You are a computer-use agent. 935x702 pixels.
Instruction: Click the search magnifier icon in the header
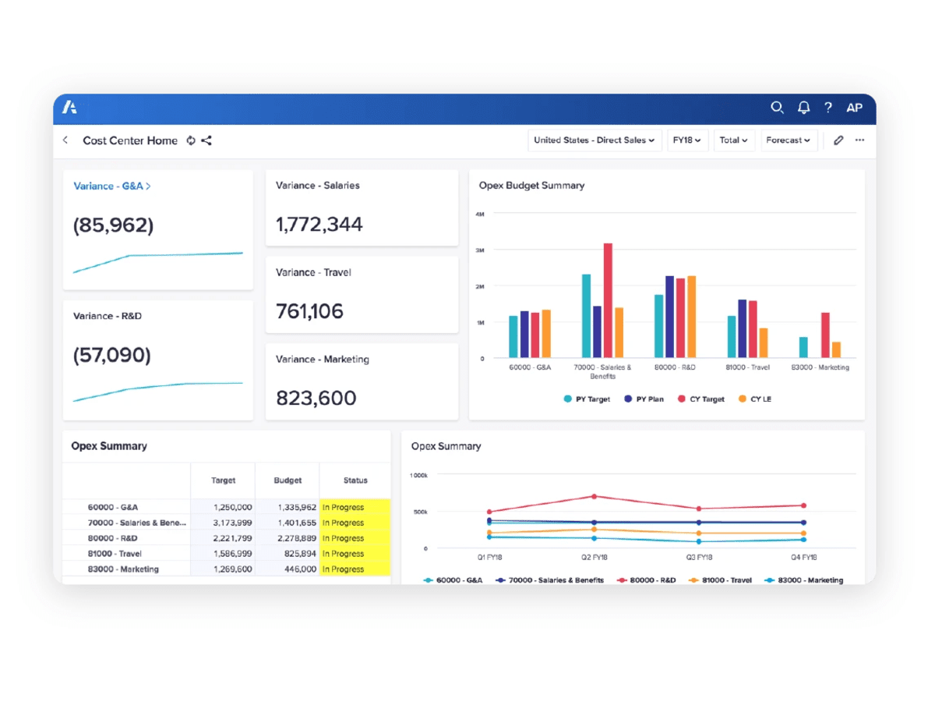pyautogui.click(x=777, y=108)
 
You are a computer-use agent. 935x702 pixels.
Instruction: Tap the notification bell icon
pyautogui.click(x=803, y=108)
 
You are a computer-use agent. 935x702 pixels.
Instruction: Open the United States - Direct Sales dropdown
pyautogui.click(x=595, y=140)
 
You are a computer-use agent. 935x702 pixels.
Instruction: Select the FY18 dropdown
pyautogui.click(x=687, y=140)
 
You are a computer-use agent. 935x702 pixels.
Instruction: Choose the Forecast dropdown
pyautogui.click(x=789, y=140)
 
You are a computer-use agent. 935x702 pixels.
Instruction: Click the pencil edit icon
pyautogui.click(x=838, y=140)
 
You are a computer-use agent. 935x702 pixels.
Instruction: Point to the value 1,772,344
pyautogui.click(x=319, y=225)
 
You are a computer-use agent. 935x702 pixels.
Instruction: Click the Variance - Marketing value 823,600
pyautogui.click(x=316, y=398)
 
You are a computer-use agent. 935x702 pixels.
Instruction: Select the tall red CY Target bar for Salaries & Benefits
pyautogui.click(x=608, y=300)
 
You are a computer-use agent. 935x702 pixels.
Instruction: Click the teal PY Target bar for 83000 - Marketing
pyautogui.click(x=803, y=347)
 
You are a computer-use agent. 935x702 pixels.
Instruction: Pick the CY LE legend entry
pyautogui.click(x=754, y=399)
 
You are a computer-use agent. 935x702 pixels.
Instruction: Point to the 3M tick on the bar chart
pyautogui.click(x=480, y=250)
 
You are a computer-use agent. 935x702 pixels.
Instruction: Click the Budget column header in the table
pyautogui.click(x=288, y=480)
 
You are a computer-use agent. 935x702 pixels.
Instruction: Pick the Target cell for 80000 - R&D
pyautogui.click(x=231, y=538)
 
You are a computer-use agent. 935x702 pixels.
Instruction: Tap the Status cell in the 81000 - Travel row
pyautogui.click(x=354, y=554)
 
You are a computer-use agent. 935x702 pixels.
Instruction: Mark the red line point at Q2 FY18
pyautogui.click(x=594, y=496)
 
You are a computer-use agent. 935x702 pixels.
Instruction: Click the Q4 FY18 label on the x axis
pyautogui.click(x=803, y=558)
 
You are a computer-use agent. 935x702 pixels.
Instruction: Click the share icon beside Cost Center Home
pyautogui.click(x=206, y=140)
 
